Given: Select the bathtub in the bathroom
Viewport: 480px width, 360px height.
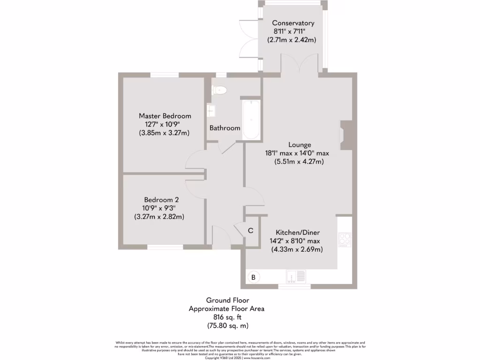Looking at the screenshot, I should tap(251, 120).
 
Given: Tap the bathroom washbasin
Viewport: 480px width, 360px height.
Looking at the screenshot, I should tap(212, 110).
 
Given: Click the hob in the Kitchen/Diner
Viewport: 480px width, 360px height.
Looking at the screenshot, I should tap(345, 239).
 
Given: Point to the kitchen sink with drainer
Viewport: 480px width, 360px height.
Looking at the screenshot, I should tap(296, 277).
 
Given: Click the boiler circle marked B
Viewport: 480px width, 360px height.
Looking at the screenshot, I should tap(254, 277).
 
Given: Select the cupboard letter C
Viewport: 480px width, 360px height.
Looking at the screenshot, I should tap(250, 231).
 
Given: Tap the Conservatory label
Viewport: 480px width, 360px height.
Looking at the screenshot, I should tap(293, 23).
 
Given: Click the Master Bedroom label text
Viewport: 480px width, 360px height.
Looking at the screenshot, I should tap(165, 116).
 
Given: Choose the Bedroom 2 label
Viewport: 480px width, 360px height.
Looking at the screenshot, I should tap(159, 199).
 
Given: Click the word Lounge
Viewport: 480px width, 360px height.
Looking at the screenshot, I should tap(300, 145).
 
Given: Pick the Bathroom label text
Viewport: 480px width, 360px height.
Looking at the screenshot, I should tap(225, 128).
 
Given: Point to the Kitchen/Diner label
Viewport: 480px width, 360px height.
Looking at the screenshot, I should tap(295, 232).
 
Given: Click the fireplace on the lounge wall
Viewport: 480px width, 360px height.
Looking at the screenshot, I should tap(345, 135).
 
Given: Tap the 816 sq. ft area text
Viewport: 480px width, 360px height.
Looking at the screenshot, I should tap(226, 317).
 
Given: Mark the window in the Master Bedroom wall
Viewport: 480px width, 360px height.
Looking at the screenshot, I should tap(165, 75).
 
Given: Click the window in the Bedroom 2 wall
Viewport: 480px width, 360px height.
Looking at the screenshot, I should tap(165, 247).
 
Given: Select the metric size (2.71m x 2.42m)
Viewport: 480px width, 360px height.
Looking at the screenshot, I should tap(292, 40).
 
